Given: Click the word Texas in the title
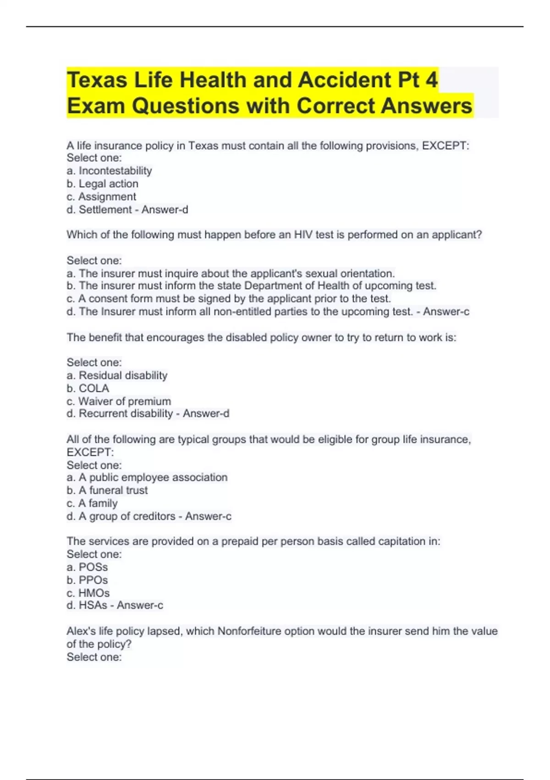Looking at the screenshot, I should tap(97, 80).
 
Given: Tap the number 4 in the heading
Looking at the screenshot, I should tap(431, 80).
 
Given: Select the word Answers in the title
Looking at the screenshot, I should tap(426, 106).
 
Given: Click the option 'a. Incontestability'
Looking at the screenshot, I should tap(109, 171).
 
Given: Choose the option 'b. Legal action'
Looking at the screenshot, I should tap(102, 184).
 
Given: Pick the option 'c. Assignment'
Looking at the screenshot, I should tap(101, 196).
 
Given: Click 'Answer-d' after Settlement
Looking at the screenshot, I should tap(165, 210).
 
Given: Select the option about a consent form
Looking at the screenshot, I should tap(229, 299).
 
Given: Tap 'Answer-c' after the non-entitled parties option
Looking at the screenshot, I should tap(446, 312).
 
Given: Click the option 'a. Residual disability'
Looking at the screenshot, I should tap(117, 375).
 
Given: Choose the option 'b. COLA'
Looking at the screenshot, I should tap(88, 388).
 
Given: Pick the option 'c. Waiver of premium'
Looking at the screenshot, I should tap(119, 401).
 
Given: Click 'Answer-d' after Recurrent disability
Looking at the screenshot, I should tap(206, 413).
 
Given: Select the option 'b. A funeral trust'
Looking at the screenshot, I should tap(107, 490).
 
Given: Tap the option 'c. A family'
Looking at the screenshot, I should tap(92, 503).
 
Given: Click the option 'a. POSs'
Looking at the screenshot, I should tap(87, 567).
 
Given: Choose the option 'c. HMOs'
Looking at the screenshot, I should tap(88, 593).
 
